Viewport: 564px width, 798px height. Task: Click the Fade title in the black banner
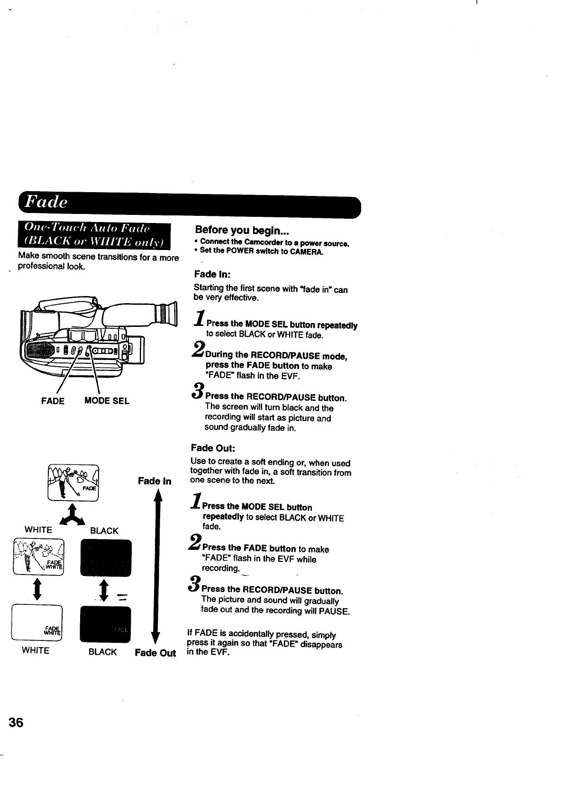point(46,202)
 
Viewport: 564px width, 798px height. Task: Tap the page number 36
point(16,723)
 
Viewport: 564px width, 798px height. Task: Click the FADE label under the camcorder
point(53,401)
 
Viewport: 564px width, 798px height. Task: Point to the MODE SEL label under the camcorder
point(107,401)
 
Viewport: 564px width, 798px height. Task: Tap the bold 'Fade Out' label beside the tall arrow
point(155,653)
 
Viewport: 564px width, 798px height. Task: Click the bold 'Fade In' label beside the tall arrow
point(155,481)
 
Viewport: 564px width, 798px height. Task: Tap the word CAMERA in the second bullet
point(307,251)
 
